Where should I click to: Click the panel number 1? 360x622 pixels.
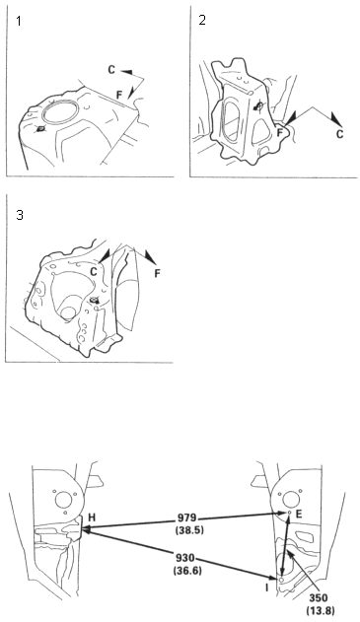19,21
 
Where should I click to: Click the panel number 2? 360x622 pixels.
202,21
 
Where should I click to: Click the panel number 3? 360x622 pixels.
20,215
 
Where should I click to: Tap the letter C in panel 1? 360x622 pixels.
111,70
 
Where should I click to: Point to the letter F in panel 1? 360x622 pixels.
119,95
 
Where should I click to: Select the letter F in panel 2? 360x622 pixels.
280,132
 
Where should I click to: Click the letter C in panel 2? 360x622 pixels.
339,134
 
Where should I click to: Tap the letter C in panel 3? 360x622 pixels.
94,272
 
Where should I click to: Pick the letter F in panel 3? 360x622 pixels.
157,273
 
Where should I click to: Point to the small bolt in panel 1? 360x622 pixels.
40,129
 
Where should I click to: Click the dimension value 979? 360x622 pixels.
186,518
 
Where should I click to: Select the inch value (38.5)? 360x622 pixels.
189,529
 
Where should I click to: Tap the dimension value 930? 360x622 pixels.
185,559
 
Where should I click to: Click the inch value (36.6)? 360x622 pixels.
187,571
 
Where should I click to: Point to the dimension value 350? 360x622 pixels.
319,597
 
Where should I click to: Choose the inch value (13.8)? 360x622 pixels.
321,610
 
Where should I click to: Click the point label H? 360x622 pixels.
92,518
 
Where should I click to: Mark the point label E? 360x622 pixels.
299,515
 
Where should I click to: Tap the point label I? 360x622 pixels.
266,587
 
